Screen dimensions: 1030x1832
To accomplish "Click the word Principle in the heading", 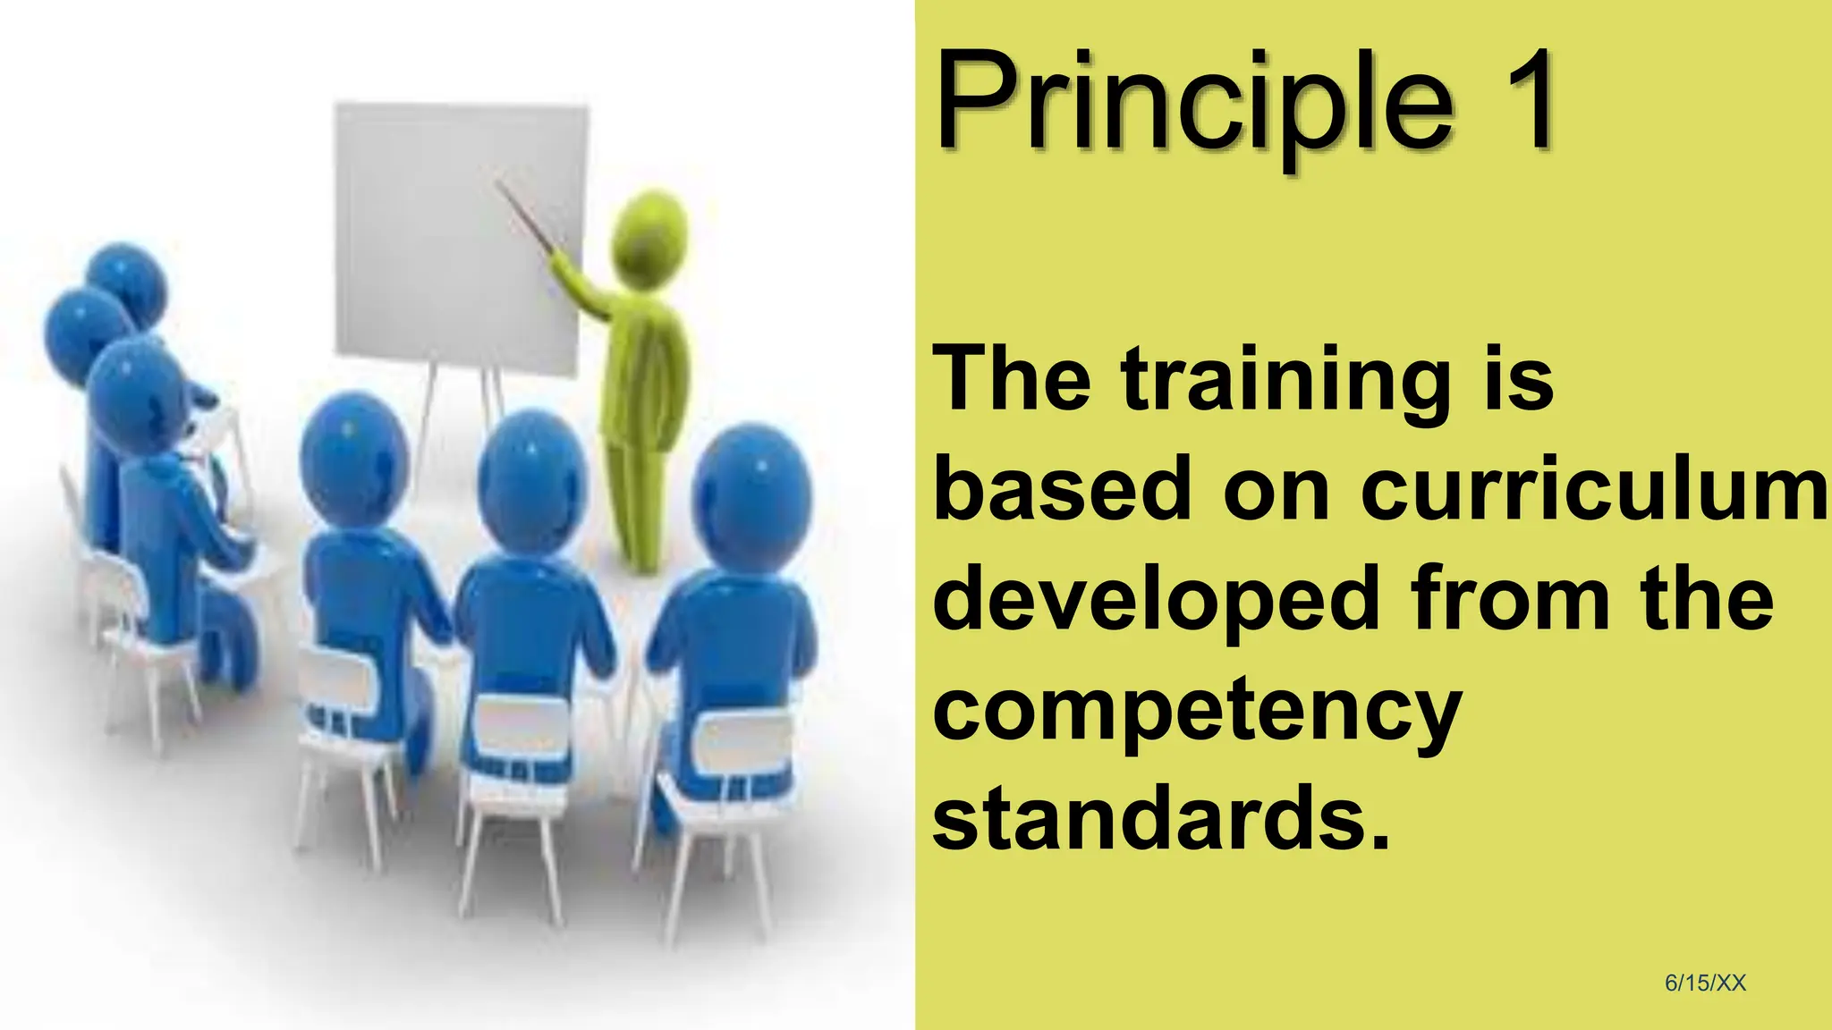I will click(1194, 103).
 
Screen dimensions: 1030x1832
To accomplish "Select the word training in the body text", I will click(1285, 382).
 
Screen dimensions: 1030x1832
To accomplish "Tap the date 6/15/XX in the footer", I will click(1705, 983).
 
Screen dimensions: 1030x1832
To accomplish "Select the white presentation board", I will click(461, 237).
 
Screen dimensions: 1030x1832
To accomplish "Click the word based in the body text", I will click(1063, 489).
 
